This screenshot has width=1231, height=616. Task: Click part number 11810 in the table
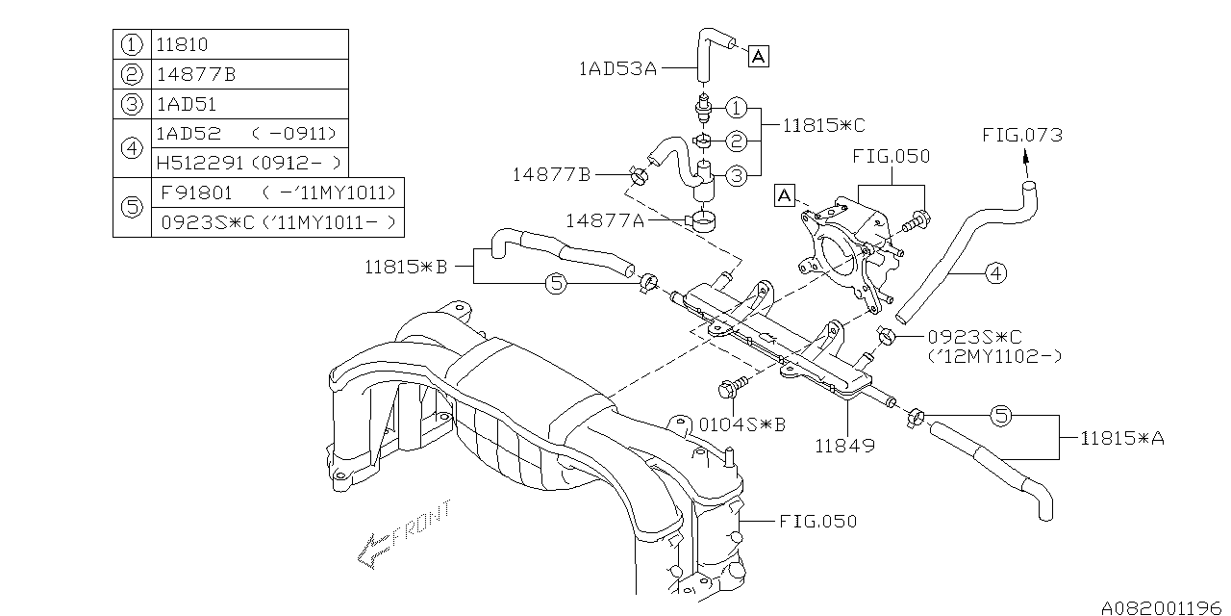click(182, 44)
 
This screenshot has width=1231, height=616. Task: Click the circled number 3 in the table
click(132, 104)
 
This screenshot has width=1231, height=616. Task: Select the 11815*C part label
click(823, 125)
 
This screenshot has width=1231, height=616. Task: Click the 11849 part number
click(846, 447)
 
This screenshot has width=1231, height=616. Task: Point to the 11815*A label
click(1121, 438)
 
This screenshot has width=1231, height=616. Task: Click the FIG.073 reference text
click(1021, 135)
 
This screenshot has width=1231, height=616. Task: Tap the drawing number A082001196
click(1161, 606)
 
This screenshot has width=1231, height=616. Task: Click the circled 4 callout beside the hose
click(995, 274)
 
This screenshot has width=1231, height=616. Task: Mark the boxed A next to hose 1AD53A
click(757, 57)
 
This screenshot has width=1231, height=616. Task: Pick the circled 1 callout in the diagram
click(736, 107)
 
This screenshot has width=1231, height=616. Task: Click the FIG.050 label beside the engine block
click(817, 521)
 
